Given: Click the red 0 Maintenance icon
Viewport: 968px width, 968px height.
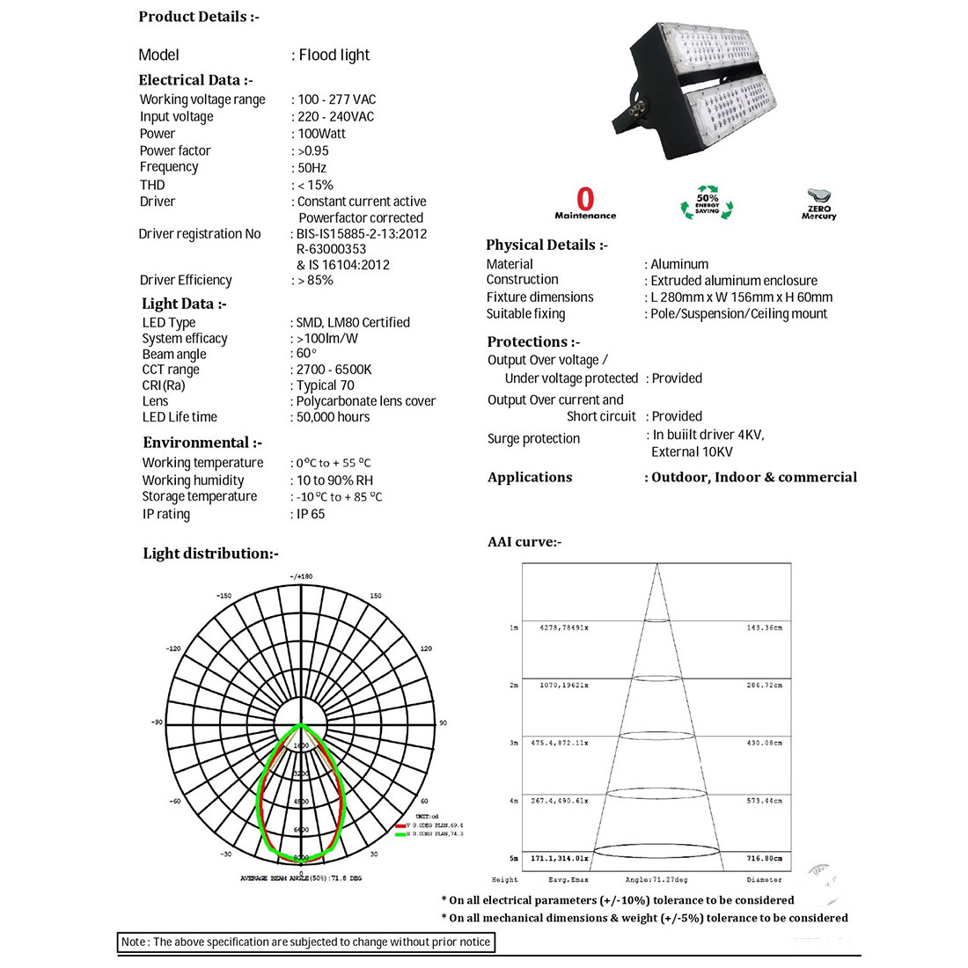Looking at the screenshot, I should pos(585,203).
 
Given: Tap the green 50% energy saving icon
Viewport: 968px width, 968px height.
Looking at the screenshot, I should pos(707,202).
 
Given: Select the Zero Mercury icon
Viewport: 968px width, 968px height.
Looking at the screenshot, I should pos(819,203).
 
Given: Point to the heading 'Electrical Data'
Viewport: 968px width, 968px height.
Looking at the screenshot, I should pos(195,80).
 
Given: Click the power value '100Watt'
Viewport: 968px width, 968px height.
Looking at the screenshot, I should pos(321,134).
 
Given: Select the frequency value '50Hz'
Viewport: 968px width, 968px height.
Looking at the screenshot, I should pos(312,167).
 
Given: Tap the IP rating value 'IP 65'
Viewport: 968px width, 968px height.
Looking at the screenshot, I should pos(310,514).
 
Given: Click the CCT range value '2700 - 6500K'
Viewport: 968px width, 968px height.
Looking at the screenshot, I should pos(334,370).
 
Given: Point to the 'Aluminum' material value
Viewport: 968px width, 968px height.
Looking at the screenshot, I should pos(678,264).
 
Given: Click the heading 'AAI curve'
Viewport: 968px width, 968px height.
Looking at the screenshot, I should pos(524,542).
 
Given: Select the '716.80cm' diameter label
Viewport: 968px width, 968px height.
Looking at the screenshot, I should pos(764,858).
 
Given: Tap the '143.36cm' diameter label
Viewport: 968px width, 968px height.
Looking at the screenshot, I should pos(764,627).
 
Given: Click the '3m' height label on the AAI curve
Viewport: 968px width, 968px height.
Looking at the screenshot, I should pos(514,744).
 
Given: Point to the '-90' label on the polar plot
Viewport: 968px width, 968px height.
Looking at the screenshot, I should pos(157,722).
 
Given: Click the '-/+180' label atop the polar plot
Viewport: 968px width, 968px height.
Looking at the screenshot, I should pos(301,576).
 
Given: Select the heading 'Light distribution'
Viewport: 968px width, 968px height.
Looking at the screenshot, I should pos(210,554).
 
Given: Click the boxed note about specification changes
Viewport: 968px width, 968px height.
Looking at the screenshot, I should pos(306,942).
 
